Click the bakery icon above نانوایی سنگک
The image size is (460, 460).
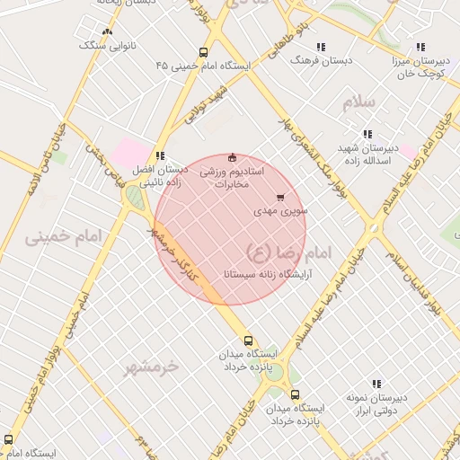(108, 31)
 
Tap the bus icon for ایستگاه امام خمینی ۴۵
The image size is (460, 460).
(204, 52)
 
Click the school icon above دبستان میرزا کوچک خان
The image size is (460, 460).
(419, 47)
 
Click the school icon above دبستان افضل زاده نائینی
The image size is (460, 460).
(160, 155)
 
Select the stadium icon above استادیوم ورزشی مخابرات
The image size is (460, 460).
(233, 156)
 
